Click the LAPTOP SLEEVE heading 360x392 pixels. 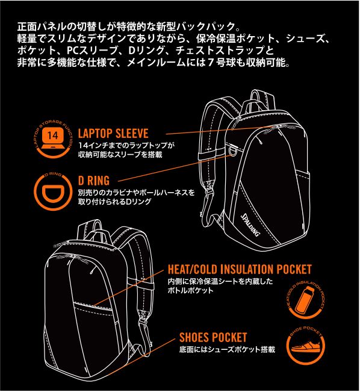coord(113,134)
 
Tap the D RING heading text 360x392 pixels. coord(94,181)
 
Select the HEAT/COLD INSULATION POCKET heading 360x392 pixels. coord(240,269)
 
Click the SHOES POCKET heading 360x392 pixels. coord(213,337)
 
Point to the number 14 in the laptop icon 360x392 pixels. coord(53,135)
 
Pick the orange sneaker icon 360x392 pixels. coord(305,346)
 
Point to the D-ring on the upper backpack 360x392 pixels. coord(234,152)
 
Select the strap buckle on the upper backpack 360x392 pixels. coord(210,192)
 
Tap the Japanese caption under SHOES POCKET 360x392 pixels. coord(227,349)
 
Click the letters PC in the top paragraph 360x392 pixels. coord(73,51)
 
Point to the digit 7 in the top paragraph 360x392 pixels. coord(211,63)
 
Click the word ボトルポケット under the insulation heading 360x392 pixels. coord(191,290)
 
